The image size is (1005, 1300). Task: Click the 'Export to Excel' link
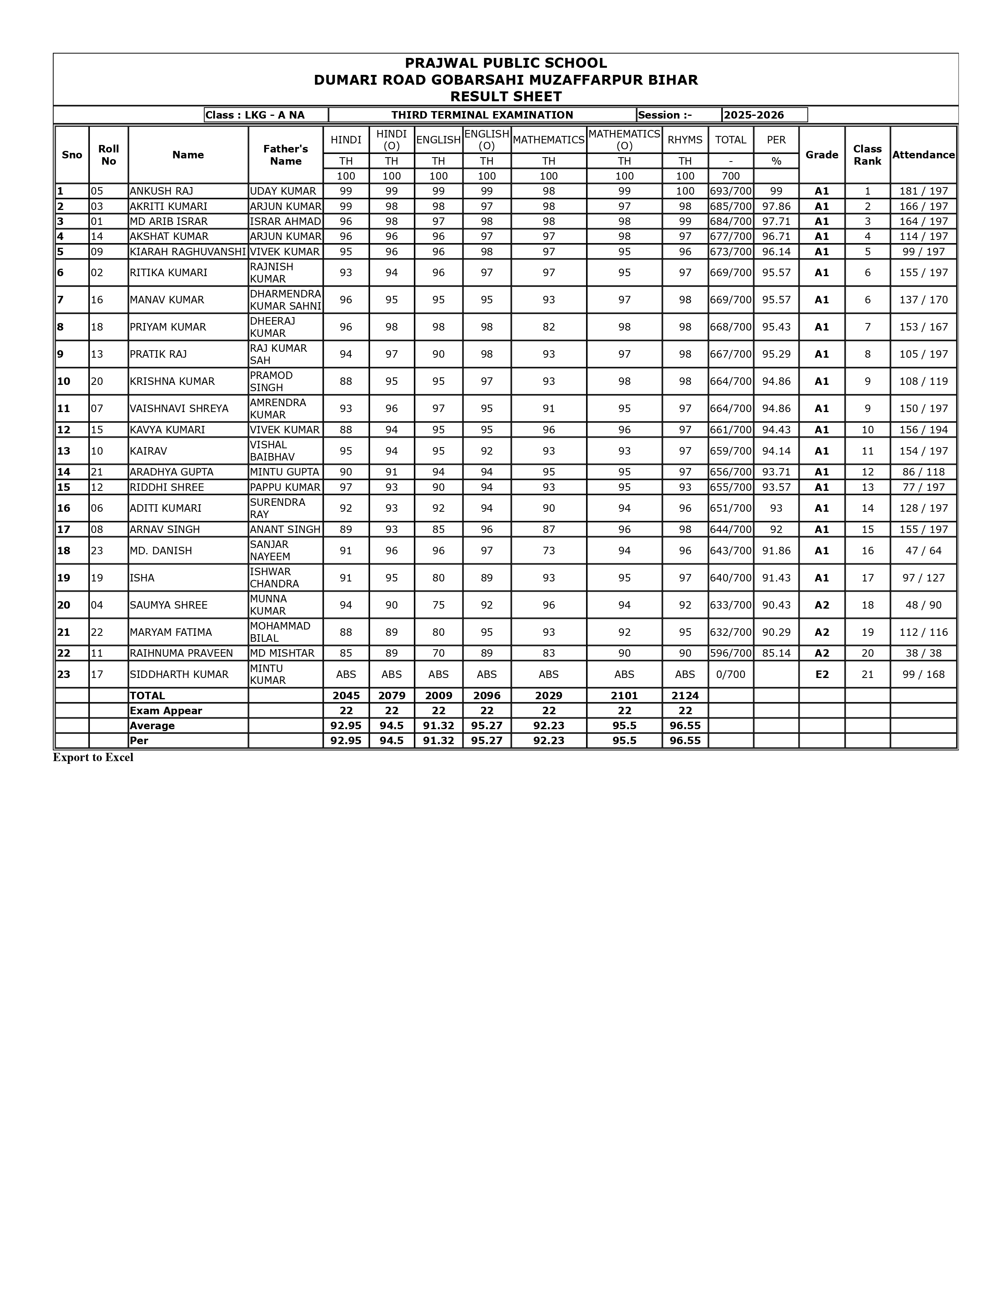(x=93, y=757)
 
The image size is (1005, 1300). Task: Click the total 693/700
(x=731, y=191)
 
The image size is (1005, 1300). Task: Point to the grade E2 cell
(x=822, y=674)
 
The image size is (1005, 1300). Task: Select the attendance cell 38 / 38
(x=923, y=653)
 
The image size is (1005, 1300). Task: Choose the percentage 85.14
(x=776, y=653)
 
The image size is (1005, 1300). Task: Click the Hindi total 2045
(x=346, y=695)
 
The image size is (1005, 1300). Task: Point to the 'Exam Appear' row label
(x=166, y=711)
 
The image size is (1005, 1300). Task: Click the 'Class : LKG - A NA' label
(x=255, y=115)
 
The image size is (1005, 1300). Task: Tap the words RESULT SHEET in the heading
(x=506, y=97)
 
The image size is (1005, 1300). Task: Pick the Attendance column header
(x=923, y=155)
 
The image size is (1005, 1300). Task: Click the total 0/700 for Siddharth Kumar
(x=731, y=674)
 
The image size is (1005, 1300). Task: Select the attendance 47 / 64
(x=923, y=551)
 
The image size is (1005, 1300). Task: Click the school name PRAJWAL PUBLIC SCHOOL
(x=506, y=63)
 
